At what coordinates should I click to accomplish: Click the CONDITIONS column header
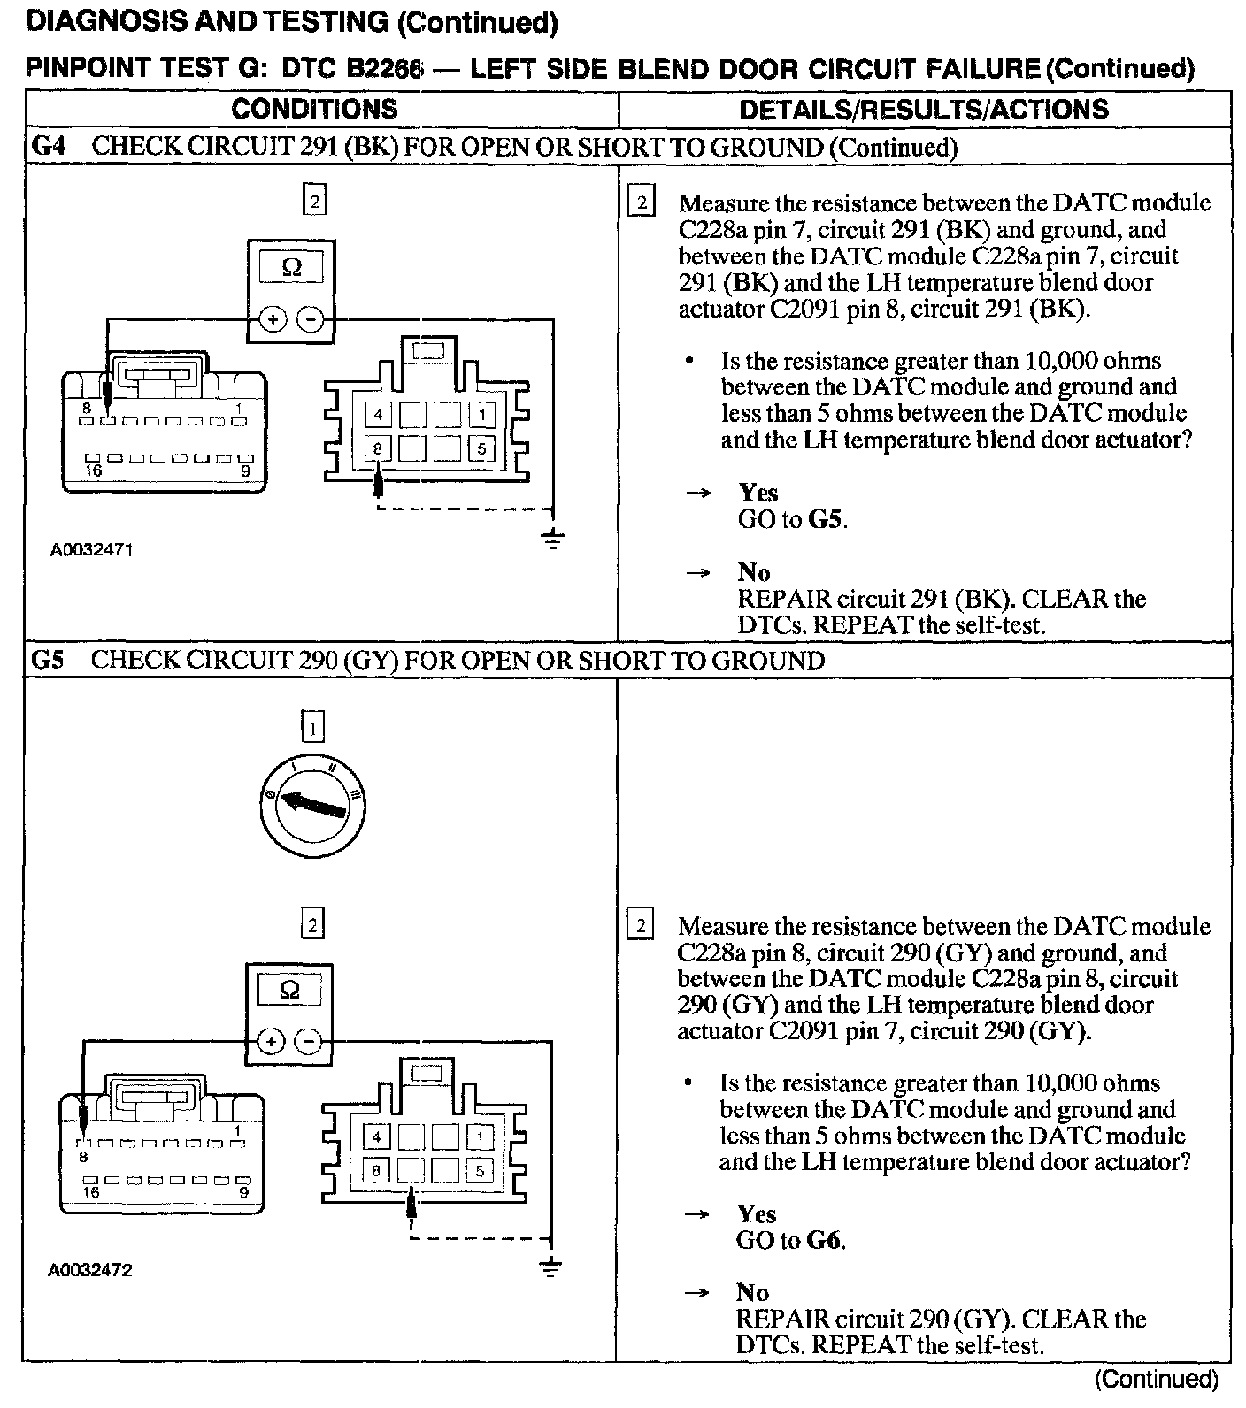pos(314,110)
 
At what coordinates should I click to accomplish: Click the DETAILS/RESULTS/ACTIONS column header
pos(923,110)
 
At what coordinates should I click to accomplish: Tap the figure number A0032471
pos(91,550)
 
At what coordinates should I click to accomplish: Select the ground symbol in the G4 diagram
pos(553,539)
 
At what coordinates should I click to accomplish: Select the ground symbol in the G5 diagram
pos(551,1267)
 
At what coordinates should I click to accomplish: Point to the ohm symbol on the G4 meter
pos(291,267)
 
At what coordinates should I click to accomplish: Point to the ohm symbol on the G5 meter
pos(289,990)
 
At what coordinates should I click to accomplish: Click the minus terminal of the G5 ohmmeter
pos(309,1042)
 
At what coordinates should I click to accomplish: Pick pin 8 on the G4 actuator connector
pos(378,448)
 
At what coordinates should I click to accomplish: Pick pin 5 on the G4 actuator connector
pos(481,448)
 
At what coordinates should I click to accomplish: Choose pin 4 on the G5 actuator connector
pos(377,1137)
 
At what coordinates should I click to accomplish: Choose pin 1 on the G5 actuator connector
pos(480,1137)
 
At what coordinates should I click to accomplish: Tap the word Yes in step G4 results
pos(758,493)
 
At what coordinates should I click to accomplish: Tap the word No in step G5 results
pos(752,1293)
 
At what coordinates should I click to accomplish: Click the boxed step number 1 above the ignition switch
pos(313,727)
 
